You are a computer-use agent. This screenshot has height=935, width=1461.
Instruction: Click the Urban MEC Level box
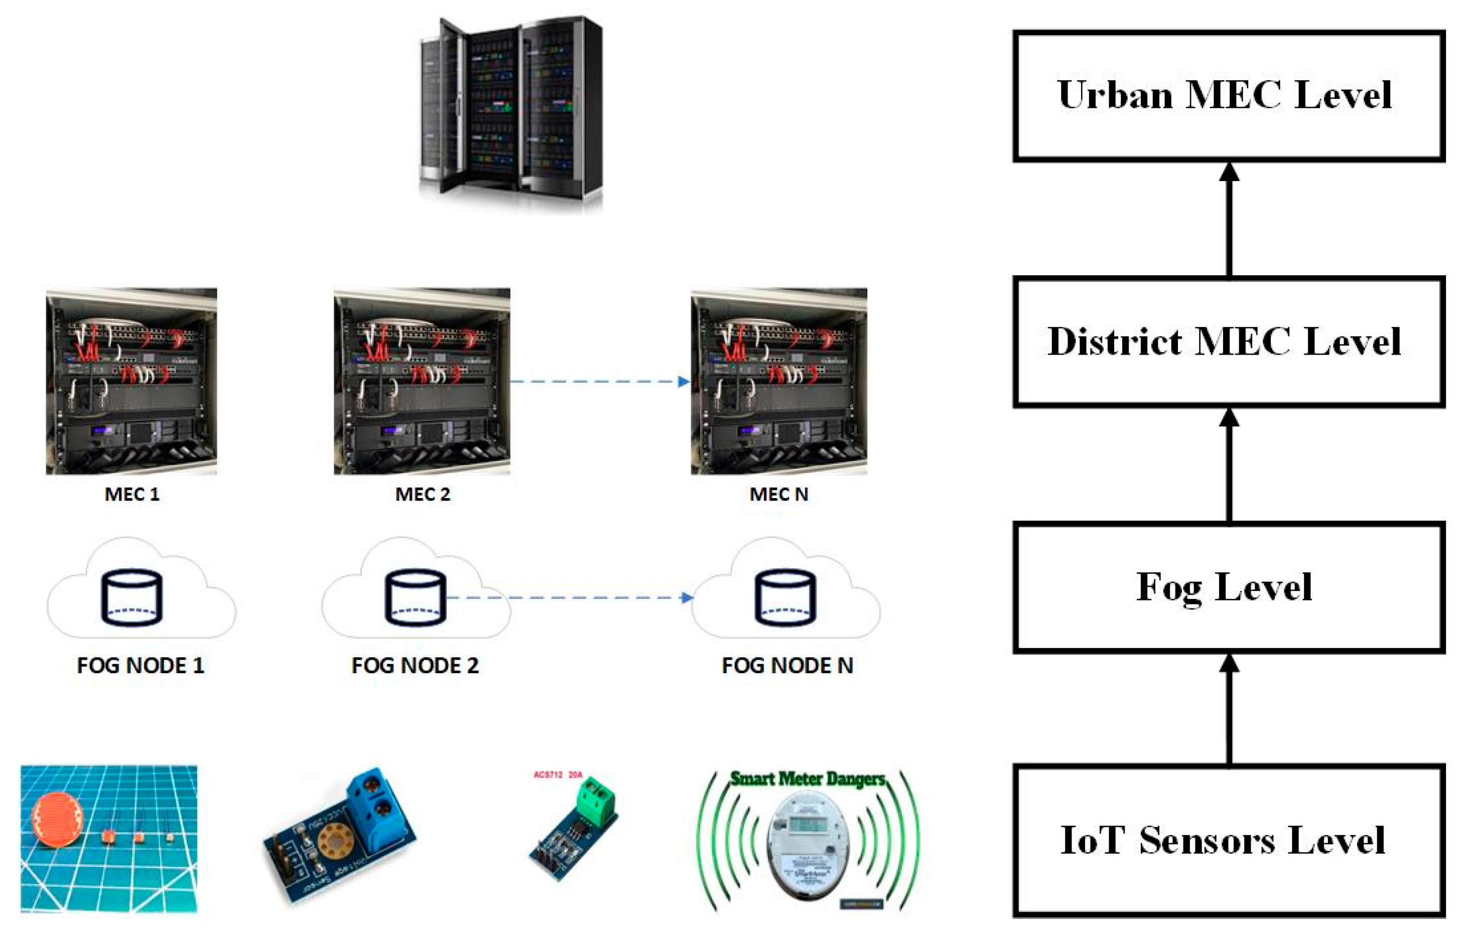point(1228,96)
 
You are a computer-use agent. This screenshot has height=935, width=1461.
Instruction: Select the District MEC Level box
point(1228,342)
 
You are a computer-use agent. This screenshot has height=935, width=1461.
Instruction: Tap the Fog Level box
point(1228,587)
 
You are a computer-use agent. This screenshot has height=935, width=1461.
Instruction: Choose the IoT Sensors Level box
point(1228,840)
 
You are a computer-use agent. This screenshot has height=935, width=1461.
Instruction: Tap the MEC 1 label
point(132,494)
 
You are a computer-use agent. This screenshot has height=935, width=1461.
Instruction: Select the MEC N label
point(779,494)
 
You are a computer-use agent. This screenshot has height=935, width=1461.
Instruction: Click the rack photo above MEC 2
point(422,381)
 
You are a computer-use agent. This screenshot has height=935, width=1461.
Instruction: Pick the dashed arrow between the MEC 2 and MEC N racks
point(598,381)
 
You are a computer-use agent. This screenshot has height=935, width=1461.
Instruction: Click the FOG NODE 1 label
point(141,666)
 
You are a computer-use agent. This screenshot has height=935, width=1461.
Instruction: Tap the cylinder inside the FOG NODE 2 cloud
point(416,597)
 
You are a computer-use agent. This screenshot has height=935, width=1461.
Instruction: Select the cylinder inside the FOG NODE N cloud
point(785,597)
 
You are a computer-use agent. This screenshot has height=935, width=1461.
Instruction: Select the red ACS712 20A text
point(558,774)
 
